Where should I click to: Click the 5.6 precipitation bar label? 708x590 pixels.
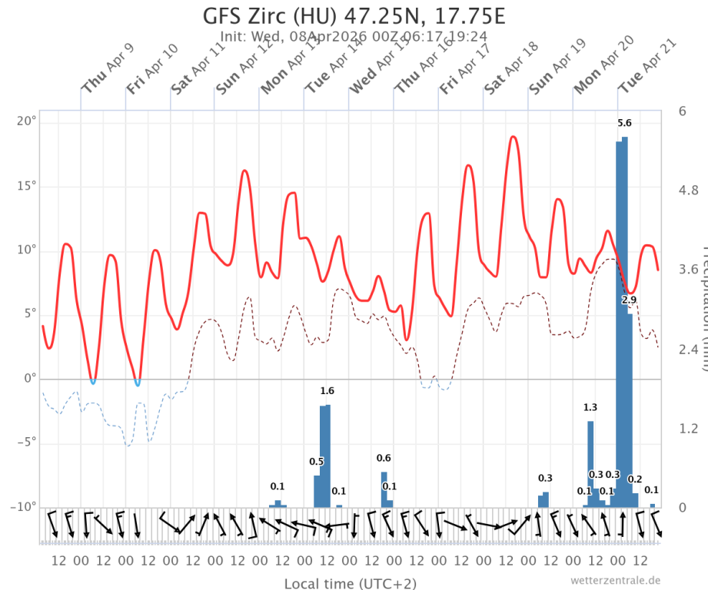(624, 124)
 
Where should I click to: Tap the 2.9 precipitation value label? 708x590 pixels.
(629, 300)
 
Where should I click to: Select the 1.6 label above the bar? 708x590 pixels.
(327, 392)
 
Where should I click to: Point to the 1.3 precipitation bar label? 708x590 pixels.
(590, 408)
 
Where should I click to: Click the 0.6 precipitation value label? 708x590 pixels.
(384, 459)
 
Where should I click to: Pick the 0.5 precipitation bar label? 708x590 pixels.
(316, 462)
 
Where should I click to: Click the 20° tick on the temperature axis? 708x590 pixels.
(26, 121)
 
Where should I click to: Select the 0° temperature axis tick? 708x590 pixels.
(30, 379)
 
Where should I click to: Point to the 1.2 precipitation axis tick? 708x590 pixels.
(686, 428)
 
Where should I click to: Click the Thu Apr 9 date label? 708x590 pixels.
(108, 70)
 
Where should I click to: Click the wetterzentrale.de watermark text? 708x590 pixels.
(615, 580)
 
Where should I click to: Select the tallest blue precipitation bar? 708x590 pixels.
(624, 323)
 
